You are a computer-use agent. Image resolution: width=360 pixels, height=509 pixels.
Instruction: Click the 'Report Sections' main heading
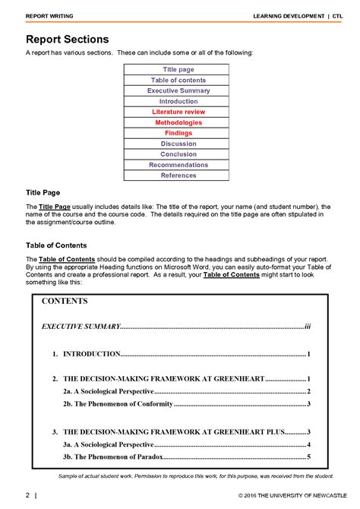click(x=67, y=39)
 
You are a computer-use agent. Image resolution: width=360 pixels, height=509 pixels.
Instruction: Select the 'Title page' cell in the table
click(x=178, y=70)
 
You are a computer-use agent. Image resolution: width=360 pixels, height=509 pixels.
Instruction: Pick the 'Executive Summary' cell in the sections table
click(x=178, y=91)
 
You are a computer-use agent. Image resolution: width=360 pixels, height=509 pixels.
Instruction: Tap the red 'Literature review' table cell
click(x=178, y=112)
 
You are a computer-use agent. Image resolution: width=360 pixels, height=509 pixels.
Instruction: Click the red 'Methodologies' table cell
click(x=178, y=122)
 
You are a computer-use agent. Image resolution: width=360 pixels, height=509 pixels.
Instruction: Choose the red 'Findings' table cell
click(x=178, y=133)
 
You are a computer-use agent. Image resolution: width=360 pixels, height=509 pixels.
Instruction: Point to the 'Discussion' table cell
click(x=178, y=144)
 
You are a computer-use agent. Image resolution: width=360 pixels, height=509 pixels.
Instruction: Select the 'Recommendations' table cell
click(x=178, y=165)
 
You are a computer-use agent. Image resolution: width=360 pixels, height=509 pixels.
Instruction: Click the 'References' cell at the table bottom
click(x=178, y=175)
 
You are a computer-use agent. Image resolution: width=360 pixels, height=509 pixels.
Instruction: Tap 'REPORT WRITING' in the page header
click(x=49, y=16)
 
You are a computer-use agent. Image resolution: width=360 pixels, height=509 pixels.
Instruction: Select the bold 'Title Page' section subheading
click(x=43, y=193)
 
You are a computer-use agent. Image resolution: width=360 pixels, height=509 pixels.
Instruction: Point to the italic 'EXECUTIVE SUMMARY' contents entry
click(x=81, y=326)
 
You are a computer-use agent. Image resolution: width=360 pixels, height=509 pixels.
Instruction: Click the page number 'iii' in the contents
click(x=308, y=326)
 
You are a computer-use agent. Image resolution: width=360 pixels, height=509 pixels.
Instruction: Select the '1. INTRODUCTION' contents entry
click(x=86, y=354)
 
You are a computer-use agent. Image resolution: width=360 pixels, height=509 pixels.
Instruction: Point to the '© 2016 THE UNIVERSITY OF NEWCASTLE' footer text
click(x=287, y=497)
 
